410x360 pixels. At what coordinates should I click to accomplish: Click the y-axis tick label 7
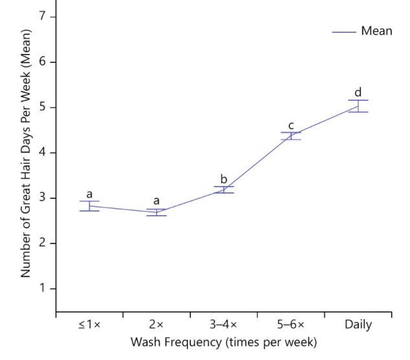[x=43, y=17]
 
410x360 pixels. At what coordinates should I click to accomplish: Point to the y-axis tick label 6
[x=43, y=62]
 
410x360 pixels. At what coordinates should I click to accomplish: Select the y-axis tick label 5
[x=43, y=107]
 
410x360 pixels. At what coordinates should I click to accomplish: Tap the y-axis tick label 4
[x=43, y=153]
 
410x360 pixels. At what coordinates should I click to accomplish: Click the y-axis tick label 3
[x=43, y=198]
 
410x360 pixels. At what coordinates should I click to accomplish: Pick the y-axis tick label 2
[x=43, y=243]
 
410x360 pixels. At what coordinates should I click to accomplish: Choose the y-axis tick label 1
[x=43, y=289]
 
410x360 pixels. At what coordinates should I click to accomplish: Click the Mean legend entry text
[x=376, y=31]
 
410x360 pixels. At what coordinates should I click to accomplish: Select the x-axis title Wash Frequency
[x=223, y=341]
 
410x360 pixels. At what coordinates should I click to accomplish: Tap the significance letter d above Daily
[x=358, y=91]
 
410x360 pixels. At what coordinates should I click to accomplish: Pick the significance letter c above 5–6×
[x=291, y=125]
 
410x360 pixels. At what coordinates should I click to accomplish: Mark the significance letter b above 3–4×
[x=223, y=179]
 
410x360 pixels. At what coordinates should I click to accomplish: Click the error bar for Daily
[x=358, y=106]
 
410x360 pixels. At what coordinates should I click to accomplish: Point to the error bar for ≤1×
[x=89, y=206]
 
